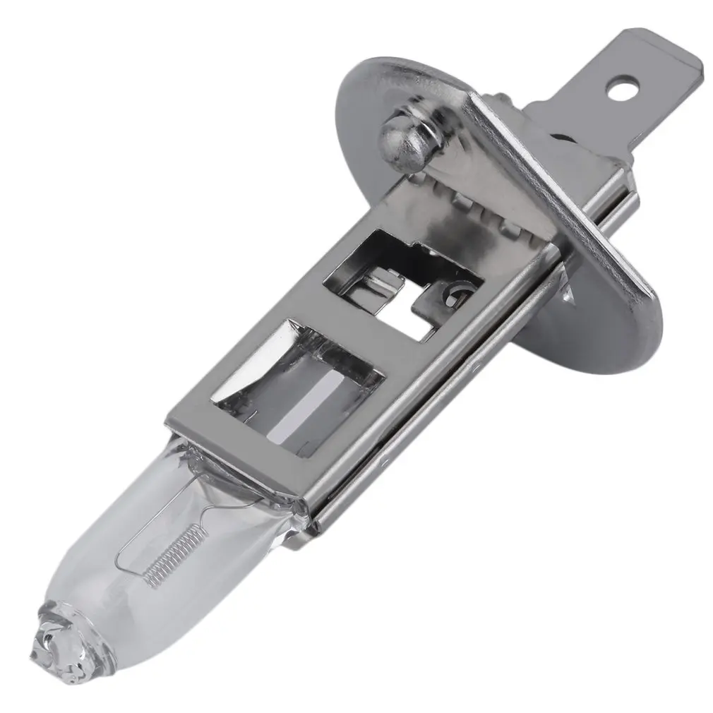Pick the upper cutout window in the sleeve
[x=402, y=282]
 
